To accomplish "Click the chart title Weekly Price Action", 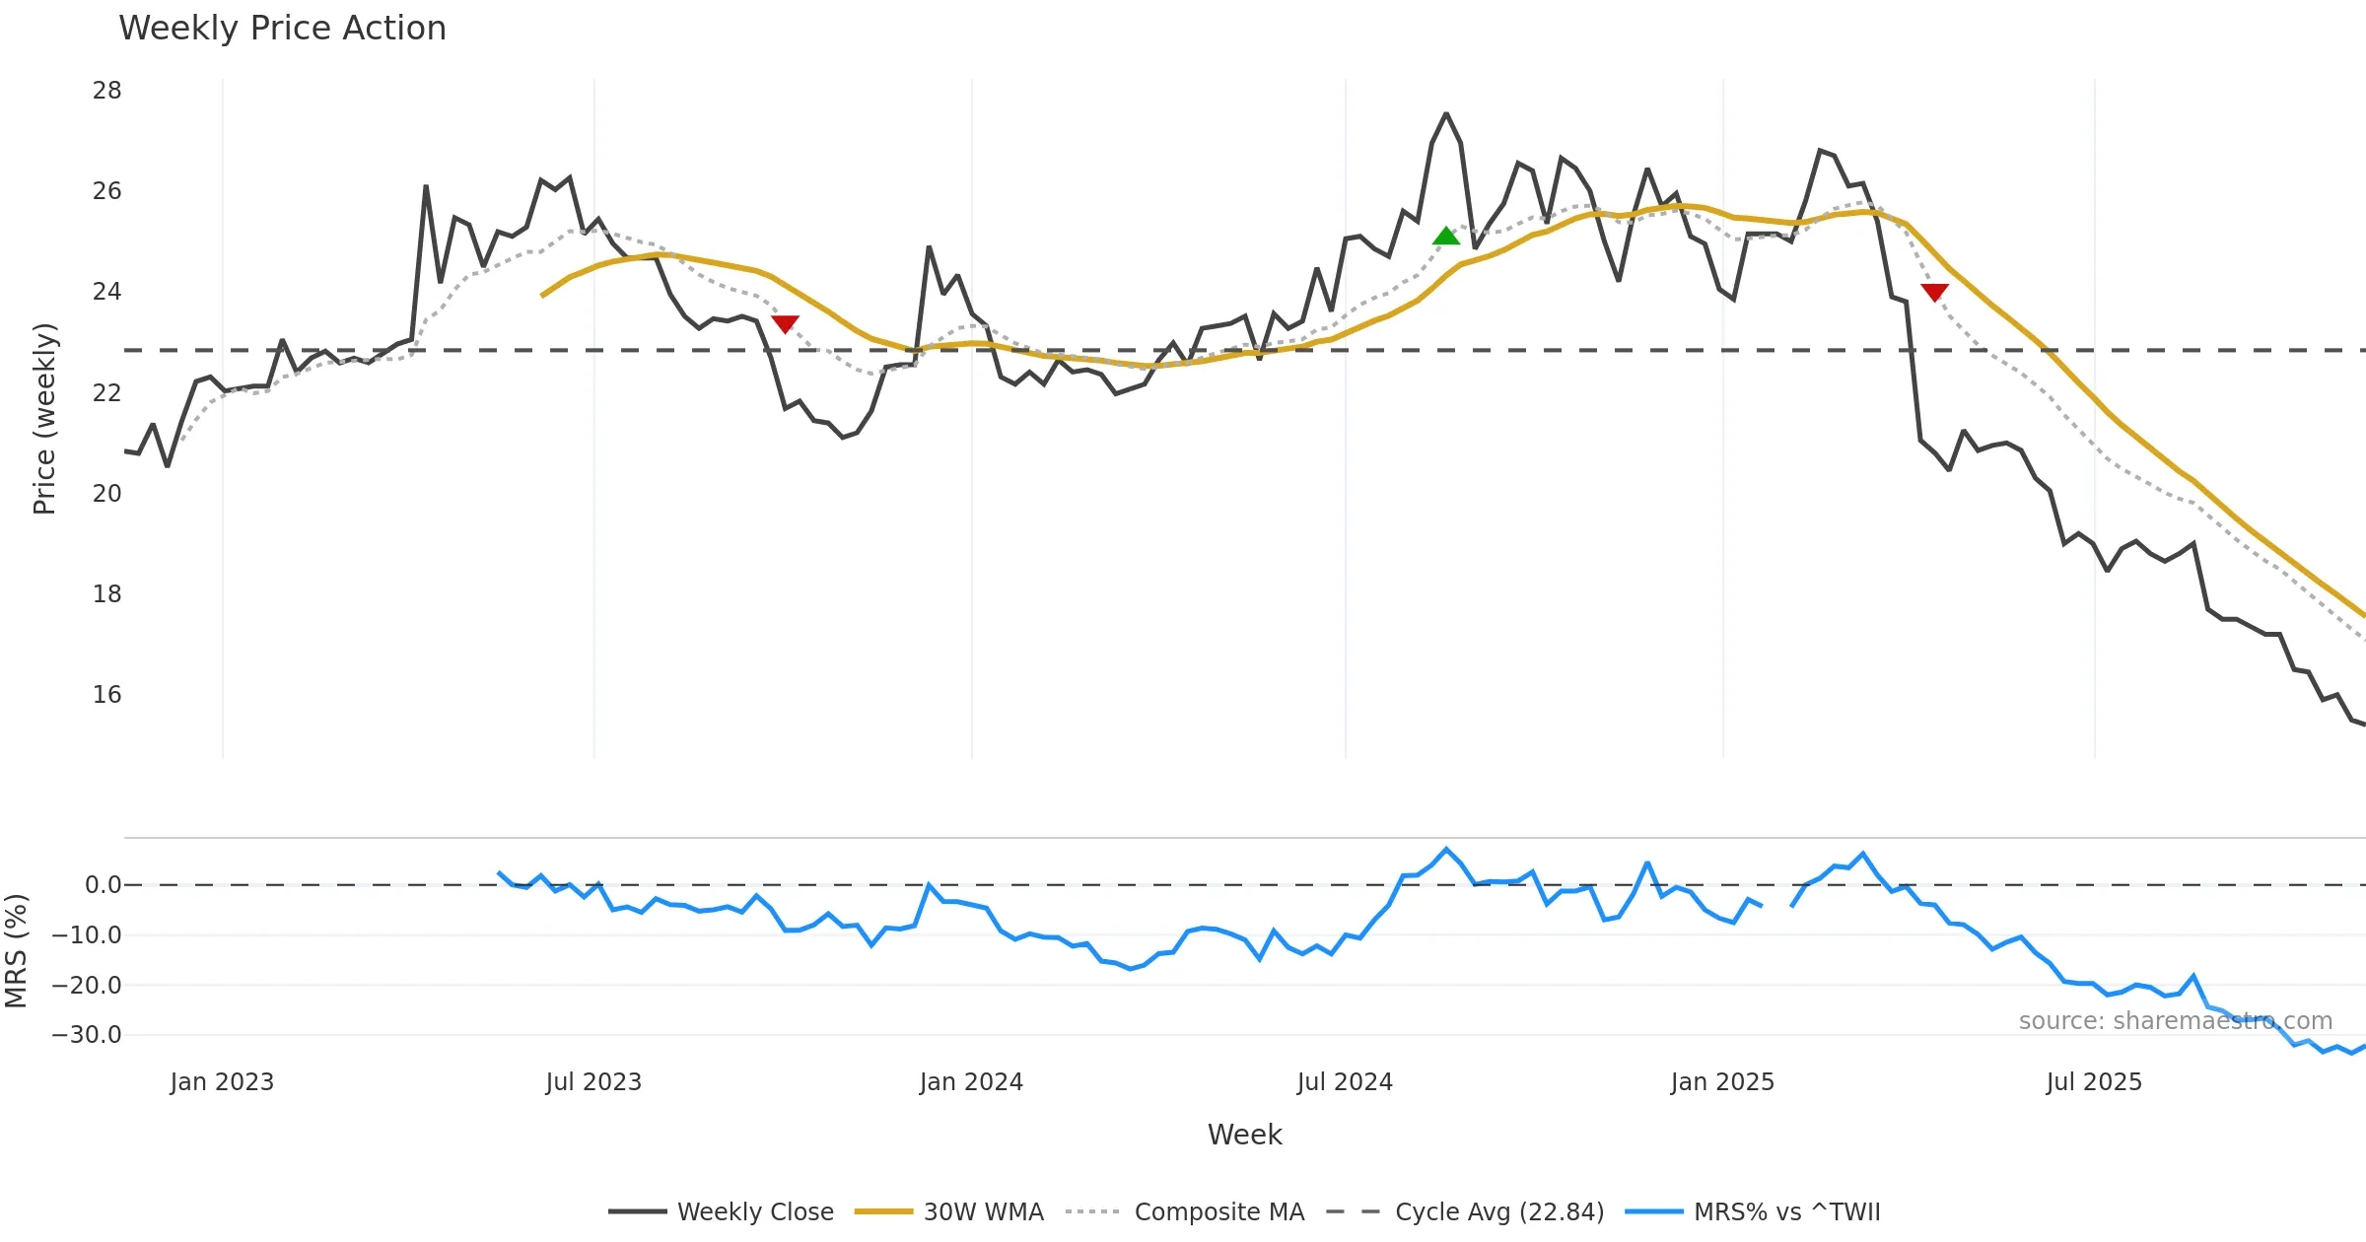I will click(x=282, y=29).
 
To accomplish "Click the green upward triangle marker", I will click(x=1445, y=237).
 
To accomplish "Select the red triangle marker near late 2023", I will click(x=785, y=323).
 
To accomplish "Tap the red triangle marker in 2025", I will click(x=1934, y=292).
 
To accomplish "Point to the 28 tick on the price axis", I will click(x=106, y=91).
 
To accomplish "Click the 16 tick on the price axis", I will click(x=106, y=695).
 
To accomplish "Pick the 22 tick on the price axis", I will click(x=106, y=393).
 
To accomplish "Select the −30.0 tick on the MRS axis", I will click(x=87, y=1035).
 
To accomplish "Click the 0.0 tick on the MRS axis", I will click(x=103, y=885).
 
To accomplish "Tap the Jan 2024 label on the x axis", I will click(x=971, y=1082).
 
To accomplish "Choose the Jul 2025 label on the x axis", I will click(x=2094, y=1082).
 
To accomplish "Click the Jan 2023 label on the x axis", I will click(x=222, y=1082).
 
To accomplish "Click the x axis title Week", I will click(x=1244, y=1135).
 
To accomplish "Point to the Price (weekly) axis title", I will click(x=44, y=419).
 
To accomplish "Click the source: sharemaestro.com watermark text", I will click(x=2175, y=1021).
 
